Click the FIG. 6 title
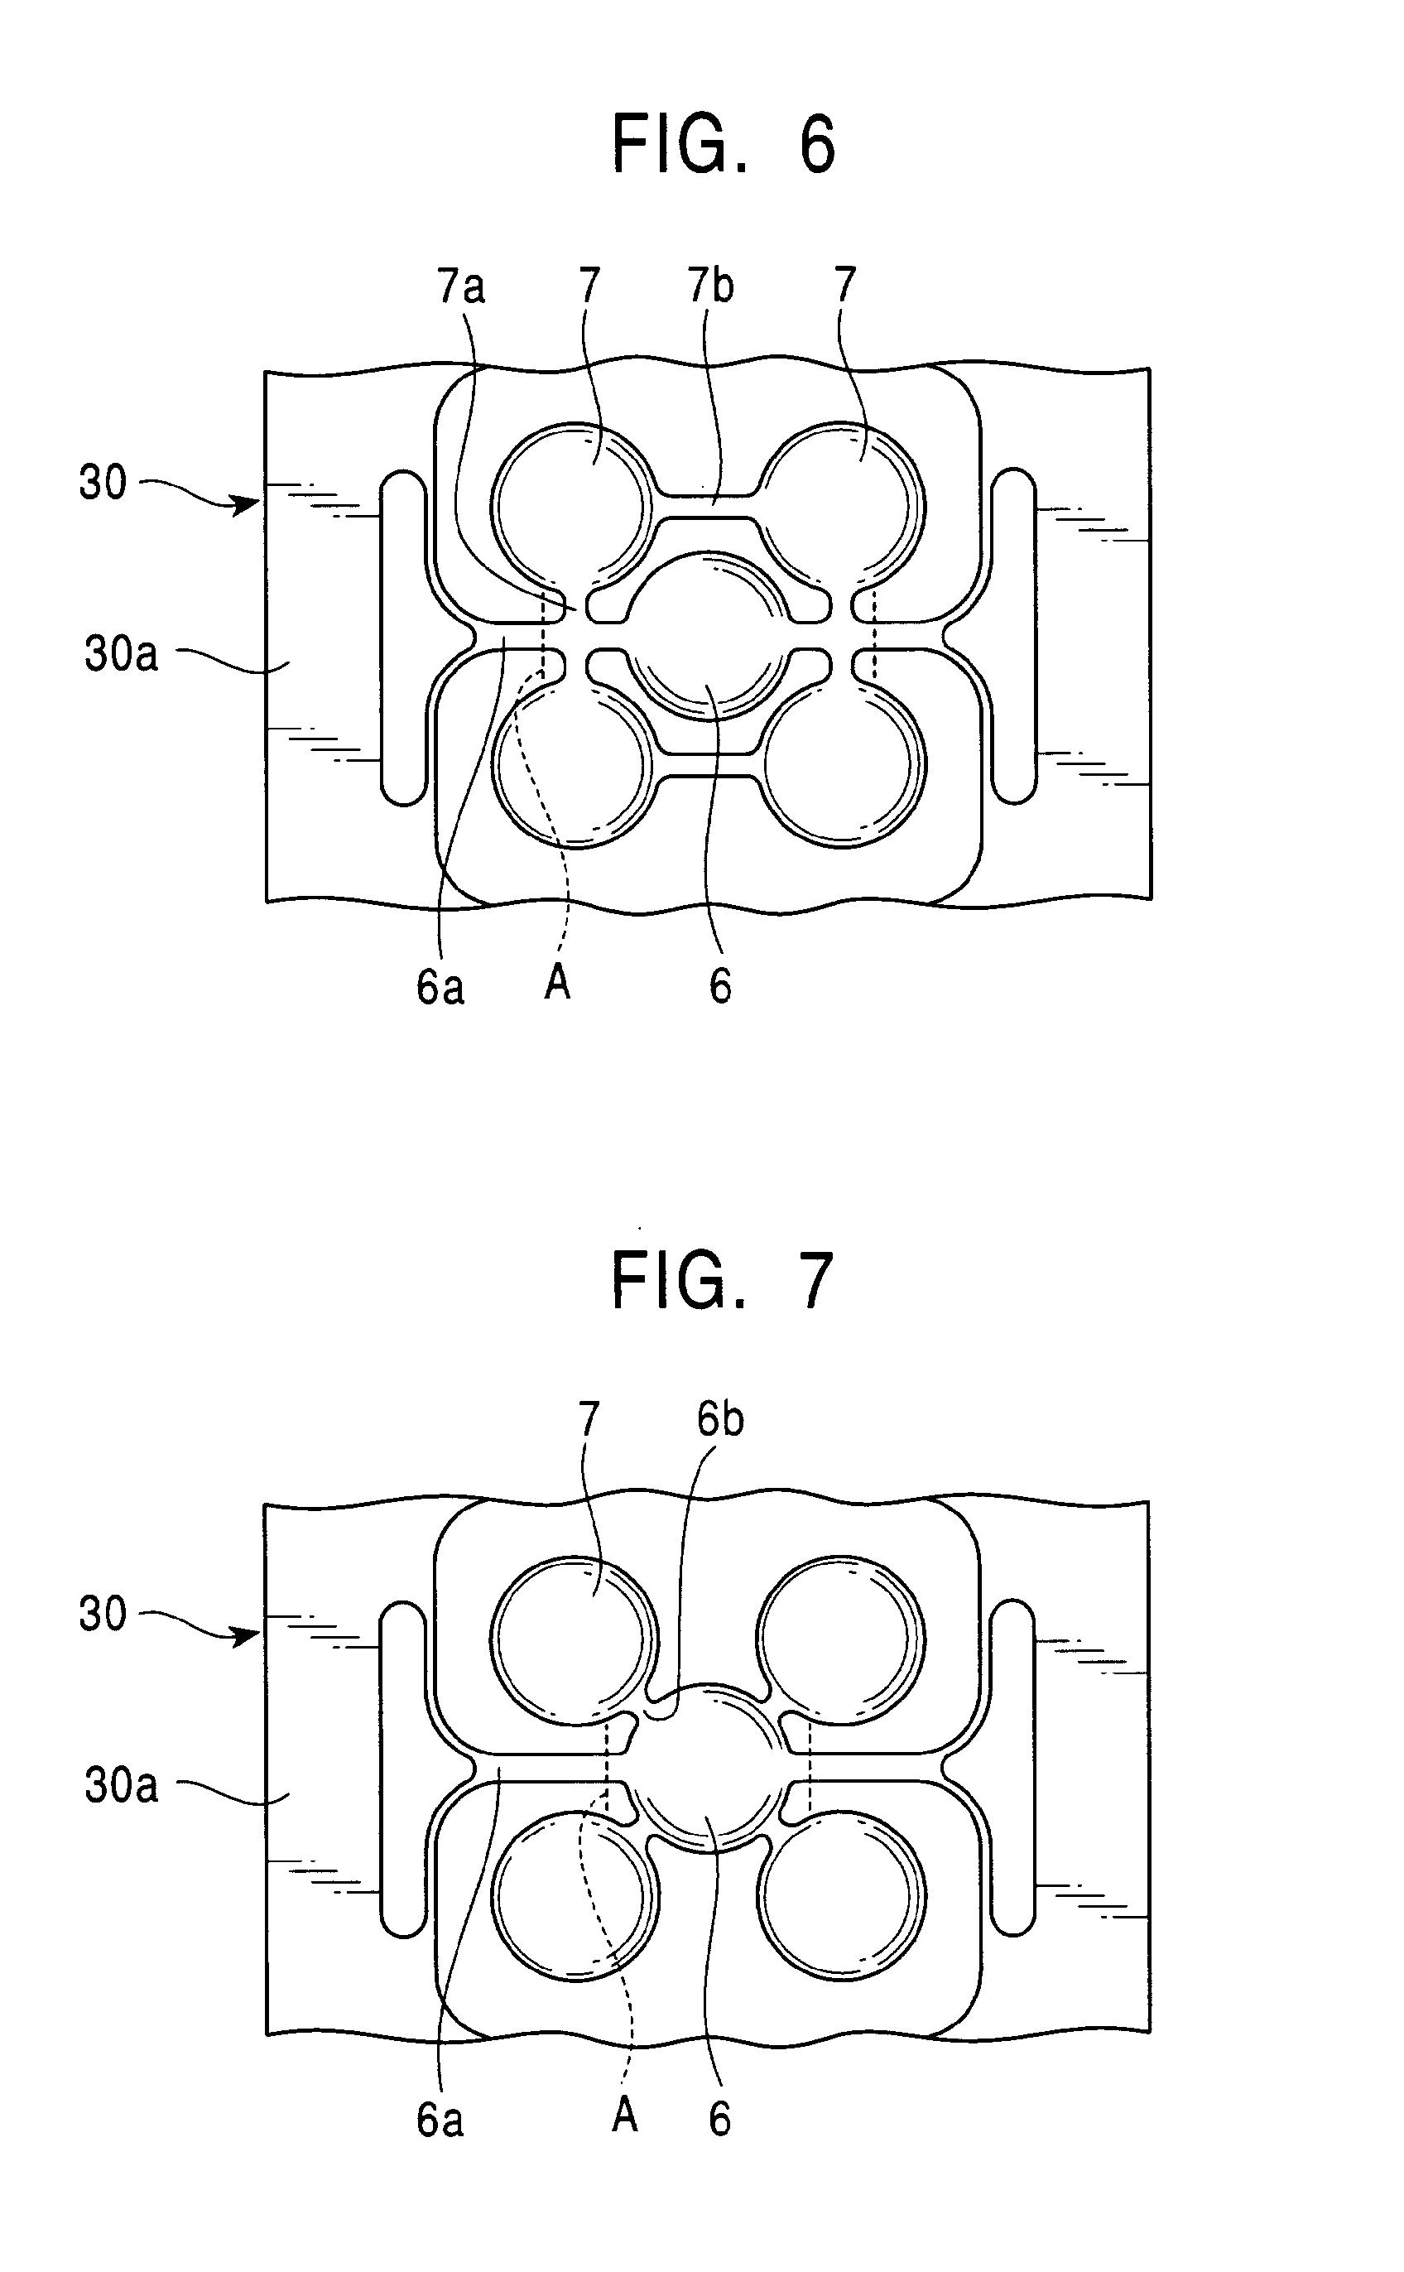pyautogui.click(x=724, y=145)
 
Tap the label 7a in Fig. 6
pyautogui.click(x=461, y=285)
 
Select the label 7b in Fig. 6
pyautogui.click(x=710, y=285)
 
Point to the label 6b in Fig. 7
pyautogui.click(x=720, y=1418)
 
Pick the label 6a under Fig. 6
pyautogui.click(x=440, y=986)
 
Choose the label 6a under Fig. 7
pyautogui.click(x=440, y=2119)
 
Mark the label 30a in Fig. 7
pyautogui.click(x=122, y=1784)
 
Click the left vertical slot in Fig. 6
pyautogui.click(x=404, y=637)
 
